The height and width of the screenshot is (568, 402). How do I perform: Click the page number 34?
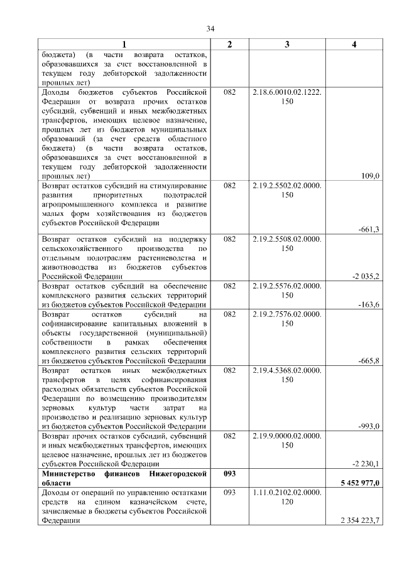pos(210,29)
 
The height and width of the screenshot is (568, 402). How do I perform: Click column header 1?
pos(124,44)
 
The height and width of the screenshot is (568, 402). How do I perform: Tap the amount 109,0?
pos(369,176)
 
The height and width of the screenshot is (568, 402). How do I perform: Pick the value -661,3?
pos(368,230)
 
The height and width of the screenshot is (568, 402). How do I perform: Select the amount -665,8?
pos(368,361)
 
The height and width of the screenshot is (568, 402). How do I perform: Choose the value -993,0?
pos(368,427)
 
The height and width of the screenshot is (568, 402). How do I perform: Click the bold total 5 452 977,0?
pos(358,482)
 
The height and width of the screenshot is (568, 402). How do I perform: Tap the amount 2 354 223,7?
pos(360,520)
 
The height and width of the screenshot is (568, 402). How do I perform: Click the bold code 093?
pos(229,473)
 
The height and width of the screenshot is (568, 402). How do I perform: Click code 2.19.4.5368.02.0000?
pos(287,371)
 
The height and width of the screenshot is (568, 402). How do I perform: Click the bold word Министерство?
pos(70,473)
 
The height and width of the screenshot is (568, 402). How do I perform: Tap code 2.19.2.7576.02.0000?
pos(287,314)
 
